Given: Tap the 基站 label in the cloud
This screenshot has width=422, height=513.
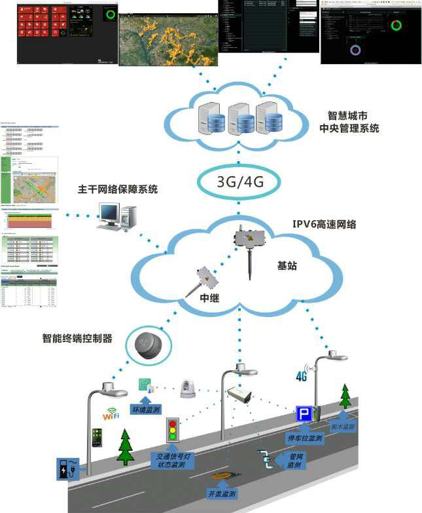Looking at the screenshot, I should click(x=288, y=266).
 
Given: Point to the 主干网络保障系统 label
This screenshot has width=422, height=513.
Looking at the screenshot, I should click(x=118, y=190).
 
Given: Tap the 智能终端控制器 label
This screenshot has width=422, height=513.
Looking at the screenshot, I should click(x=77, y=339).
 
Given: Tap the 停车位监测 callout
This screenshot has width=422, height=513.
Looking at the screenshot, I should click(x=304, y=438).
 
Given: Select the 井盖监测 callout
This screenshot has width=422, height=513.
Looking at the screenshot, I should click(x=221, y=493).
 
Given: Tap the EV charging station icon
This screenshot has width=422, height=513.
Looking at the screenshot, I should click(x=69, y=470).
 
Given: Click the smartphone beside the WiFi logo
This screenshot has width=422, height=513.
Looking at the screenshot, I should click(x=96, y=438).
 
